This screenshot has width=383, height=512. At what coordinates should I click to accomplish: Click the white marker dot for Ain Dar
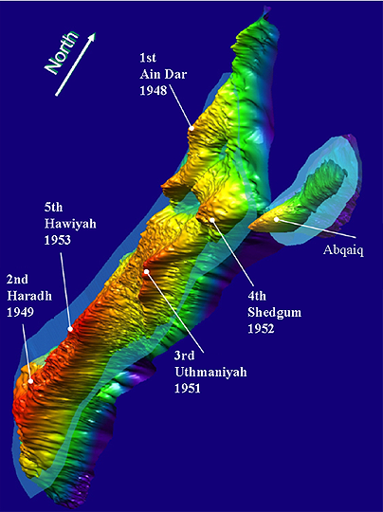(191, 127)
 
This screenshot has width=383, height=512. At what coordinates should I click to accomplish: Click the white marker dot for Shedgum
(213, 220)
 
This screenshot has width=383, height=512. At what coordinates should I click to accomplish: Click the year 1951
(189, 389)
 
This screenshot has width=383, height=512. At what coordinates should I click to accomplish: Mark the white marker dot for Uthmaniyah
(147, 272)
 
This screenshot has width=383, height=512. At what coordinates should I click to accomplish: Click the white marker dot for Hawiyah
(70, 329)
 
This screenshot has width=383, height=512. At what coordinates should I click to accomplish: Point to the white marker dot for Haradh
(30, 381)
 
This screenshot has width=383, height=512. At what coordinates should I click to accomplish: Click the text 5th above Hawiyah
(55, 207)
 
